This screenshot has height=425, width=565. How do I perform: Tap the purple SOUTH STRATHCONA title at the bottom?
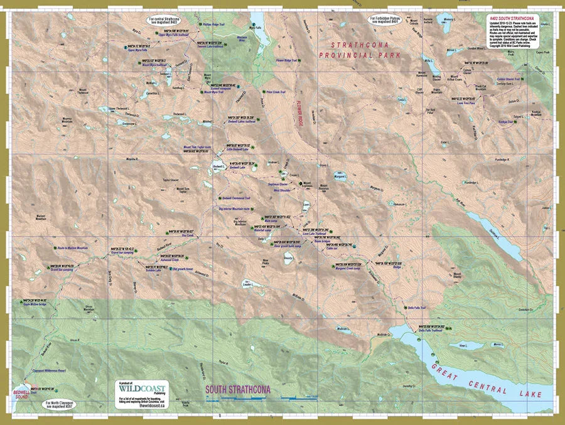point(238,389)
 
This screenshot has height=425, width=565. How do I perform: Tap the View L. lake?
point(464,345)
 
